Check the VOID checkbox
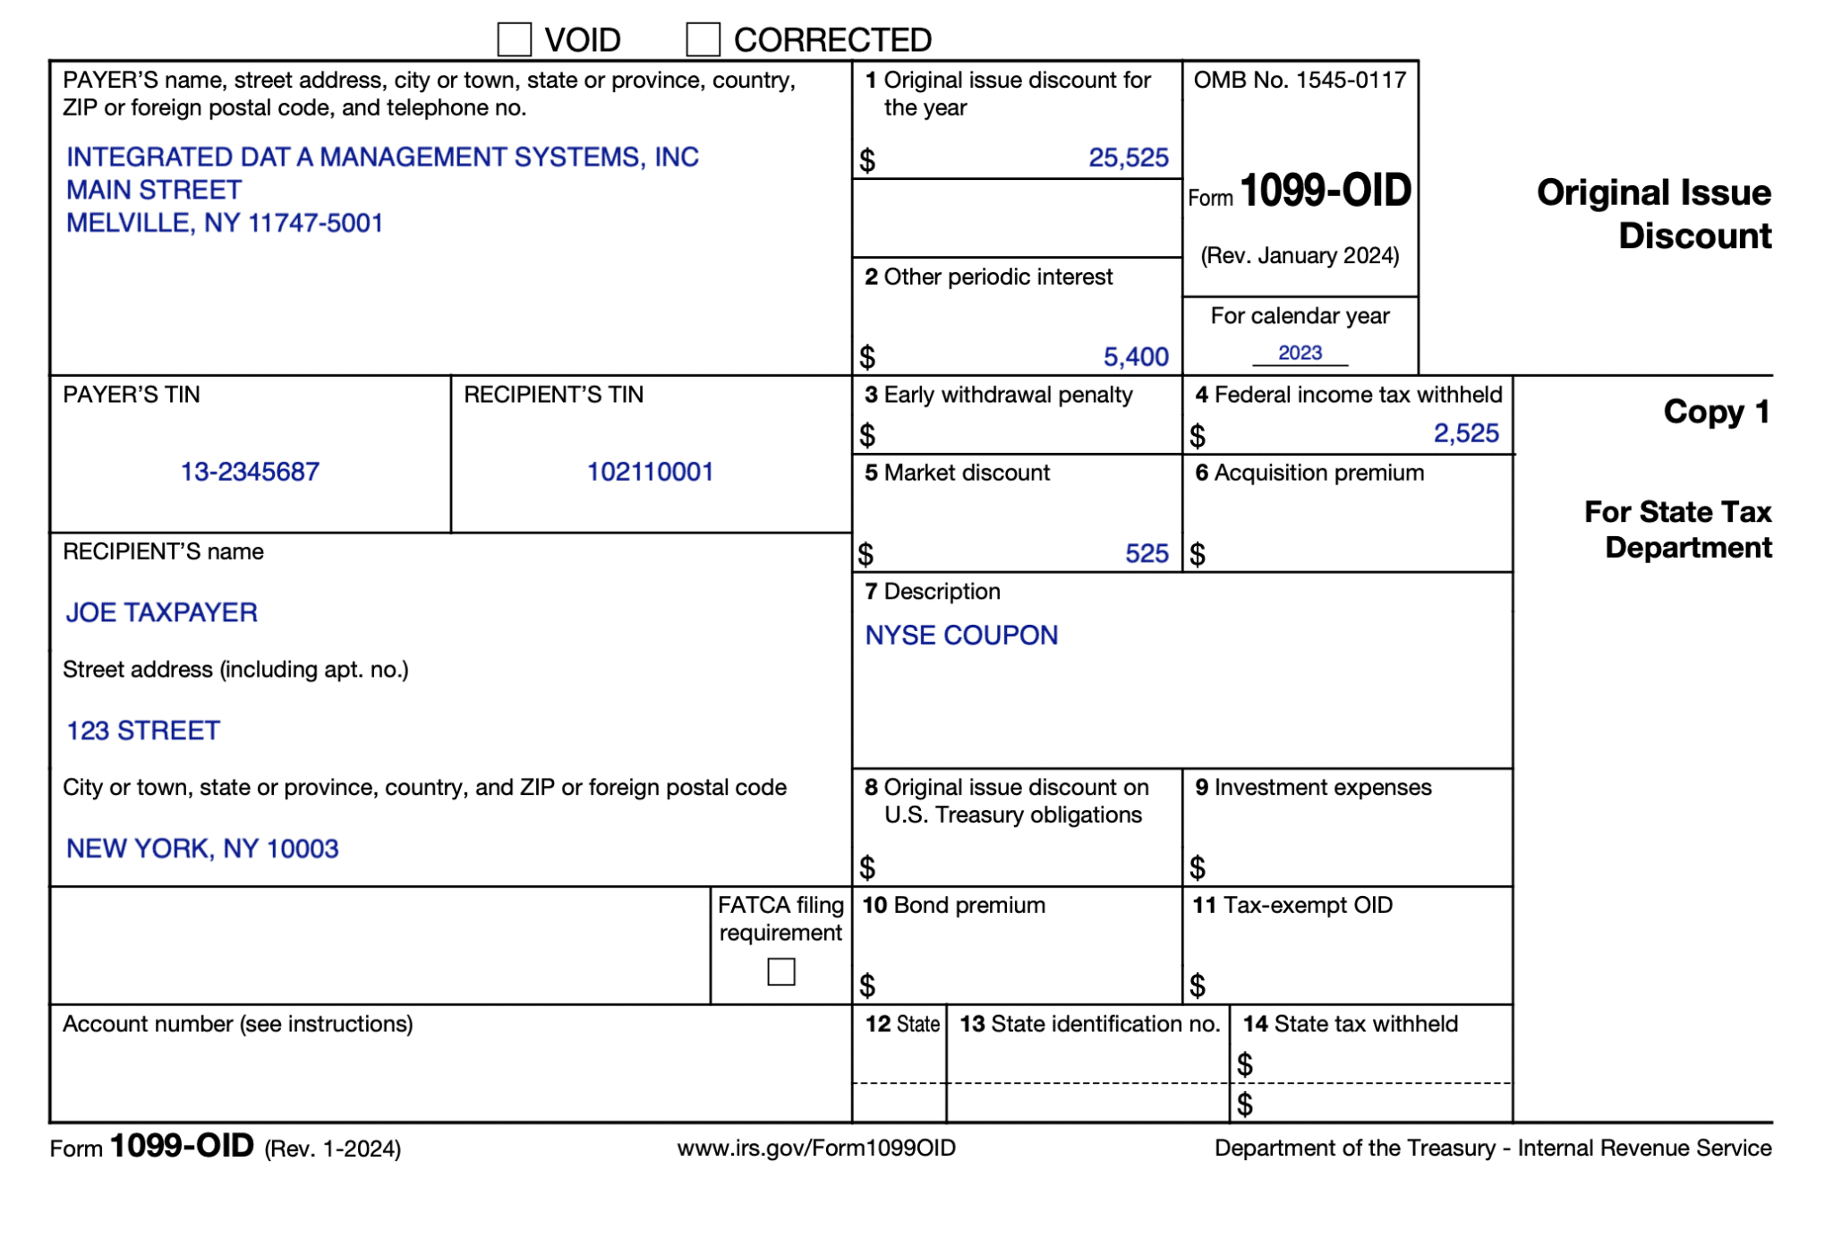point(514,39)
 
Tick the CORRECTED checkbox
point(703,39)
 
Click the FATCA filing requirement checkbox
point(780,971)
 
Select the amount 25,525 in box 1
point(1128,158)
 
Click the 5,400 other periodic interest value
point(1135,356)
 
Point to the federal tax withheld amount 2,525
point(1465,433)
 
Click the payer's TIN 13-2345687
point(250,472)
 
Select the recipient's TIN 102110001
point(650,472)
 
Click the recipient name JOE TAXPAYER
point(162,612)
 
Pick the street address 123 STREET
point(143,730)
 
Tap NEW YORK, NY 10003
point(202,849)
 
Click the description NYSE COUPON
point(961,636)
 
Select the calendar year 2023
point(1300,353)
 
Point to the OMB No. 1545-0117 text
point(1300,80)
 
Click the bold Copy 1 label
point(1716,412)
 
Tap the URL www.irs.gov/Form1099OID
point(816,1148)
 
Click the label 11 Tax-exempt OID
point(1292,905)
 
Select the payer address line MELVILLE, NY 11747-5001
point(225,223)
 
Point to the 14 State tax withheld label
point(1350,1023)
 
